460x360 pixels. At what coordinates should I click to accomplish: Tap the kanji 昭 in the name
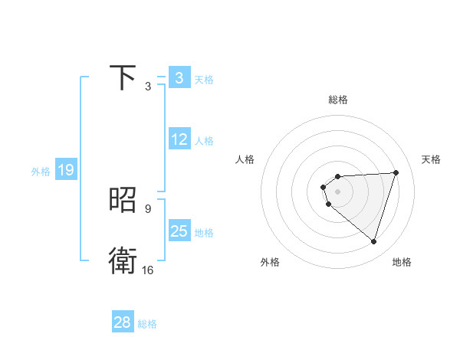click(x=123, y=201)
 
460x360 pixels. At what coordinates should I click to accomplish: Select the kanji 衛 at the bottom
click(x=123, y=261)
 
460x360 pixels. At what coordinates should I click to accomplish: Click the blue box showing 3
click(x=179, y=78)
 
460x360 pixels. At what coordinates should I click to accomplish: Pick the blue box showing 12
click(x=179, y=139)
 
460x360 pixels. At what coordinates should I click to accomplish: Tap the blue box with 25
click(x=179, y=231)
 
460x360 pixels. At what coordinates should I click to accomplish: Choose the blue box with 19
click(x=66, y=170)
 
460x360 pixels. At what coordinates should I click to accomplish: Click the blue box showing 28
click(x=123, y=322)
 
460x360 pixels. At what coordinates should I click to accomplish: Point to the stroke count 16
click(x=147, y=270)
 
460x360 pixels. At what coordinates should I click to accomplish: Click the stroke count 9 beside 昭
click(x=147, y=208)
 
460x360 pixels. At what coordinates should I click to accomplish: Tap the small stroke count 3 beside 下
click(x=147, y=87)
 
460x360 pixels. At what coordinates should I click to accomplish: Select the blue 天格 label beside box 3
click(x=204, y=79)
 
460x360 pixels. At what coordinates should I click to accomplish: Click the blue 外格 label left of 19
click(x=41, y=172)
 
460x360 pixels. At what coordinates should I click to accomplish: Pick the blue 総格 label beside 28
click(x=147, y=324)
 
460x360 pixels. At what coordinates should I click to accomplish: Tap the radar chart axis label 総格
click(x=337, y=100)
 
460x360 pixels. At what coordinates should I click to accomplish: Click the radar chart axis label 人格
click(x=245, y=159)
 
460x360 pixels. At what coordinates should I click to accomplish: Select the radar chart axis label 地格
click(x=402, y=262)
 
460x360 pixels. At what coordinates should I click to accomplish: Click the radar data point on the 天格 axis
click(x=396, y=172)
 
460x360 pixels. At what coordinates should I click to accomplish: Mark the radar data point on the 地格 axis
click(x=373, y=241)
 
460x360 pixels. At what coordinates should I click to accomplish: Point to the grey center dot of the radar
click(x=337, y=191)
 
